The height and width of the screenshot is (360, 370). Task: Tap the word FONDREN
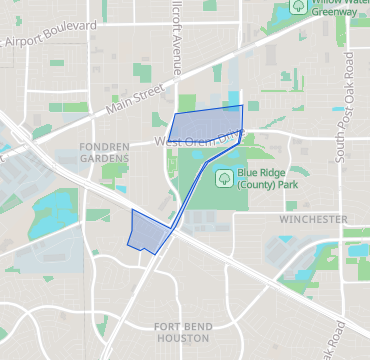104,147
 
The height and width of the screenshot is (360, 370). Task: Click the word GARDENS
104,159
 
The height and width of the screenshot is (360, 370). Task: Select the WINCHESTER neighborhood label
313,219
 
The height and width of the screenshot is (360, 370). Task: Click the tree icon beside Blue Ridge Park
225,178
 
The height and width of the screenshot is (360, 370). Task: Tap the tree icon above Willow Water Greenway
298,6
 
